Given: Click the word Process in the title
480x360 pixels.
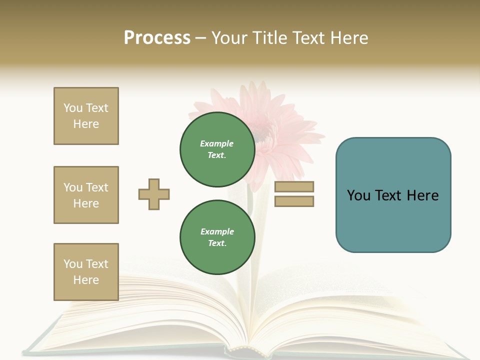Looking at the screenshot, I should (x=157, y=38).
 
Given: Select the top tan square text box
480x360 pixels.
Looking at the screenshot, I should (x=86, y=116).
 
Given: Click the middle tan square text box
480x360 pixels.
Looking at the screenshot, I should (x=86, y=195).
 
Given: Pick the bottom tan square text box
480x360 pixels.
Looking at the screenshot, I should (x=86, y=272).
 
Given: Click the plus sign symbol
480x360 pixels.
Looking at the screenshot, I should (x=154, y=194).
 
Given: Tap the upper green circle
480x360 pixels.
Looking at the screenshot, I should (x=217, y=149).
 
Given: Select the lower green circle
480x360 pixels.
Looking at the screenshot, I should (x=217, y=237).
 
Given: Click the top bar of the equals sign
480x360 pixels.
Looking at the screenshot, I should (x=294, y=187).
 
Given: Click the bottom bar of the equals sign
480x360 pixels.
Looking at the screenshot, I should (x=294, y=201).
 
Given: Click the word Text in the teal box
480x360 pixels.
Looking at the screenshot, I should (x=392, y=195).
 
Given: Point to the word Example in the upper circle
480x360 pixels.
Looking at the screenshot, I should (x=217, y=143).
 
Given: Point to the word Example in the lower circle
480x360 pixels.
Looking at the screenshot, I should (x=217, y=231).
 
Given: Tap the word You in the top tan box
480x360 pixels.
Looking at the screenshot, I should (x=72, y=108).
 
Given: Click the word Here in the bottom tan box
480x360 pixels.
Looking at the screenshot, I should (x=86, y=280).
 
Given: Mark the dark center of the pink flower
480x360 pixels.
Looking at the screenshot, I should (x=260, y=132).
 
